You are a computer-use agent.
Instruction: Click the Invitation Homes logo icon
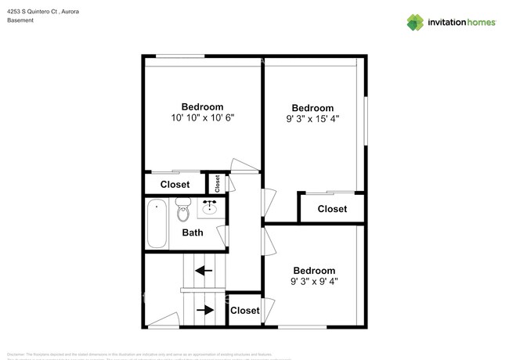[x=415, y=22]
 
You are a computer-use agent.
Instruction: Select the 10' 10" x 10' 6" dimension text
[x=202, y=118]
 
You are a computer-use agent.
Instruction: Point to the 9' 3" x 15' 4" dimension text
[x=312, y=119]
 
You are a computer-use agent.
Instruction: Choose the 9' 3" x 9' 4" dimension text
[x=313, y=281]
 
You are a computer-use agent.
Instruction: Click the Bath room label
[x=193, y=232]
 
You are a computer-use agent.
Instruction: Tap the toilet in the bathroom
[x=182, y=210]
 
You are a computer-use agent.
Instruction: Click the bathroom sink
[x=210, y=207]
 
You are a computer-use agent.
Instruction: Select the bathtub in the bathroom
[x=156, y=223]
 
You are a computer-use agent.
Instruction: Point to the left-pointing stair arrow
[x=204, y=272]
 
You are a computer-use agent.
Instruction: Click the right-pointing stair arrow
[x=204, y=310]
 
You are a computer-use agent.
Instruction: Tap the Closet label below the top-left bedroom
[x=175, y=185]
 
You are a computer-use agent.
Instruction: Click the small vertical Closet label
[x=217, y=183]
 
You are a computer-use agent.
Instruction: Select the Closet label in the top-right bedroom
[x=332, y=209]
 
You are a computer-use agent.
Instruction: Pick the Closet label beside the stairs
[x=244, y=311]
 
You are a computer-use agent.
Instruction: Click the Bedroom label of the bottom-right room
[x=313, y=270]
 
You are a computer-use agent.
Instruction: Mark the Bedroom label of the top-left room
[x=202, y=107]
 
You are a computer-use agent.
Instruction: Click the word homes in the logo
[x=482, y=22]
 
